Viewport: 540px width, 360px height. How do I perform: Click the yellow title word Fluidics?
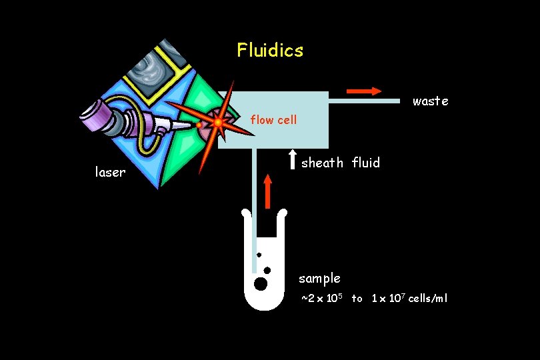(x=270, y=50)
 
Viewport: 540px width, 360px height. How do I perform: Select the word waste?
(x=430, y=101)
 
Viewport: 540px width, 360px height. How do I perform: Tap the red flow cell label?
(x=273, y=121)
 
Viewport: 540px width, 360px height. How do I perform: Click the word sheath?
(x=323, y=163)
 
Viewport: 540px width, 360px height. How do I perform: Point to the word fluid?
(x=366, y=163)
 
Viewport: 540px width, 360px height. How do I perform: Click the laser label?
(x=110, y=173)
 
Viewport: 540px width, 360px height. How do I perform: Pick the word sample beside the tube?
(x=319, y=278)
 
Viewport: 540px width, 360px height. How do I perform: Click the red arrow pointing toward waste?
(x=364, y=91)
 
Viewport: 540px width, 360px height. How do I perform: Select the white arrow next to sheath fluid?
(x=292, y=159)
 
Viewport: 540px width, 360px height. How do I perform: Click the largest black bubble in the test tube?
(x=261, y=284)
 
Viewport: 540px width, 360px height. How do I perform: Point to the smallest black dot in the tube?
(x=259, y=255)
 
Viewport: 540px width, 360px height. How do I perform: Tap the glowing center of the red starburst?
(x=218, y=123)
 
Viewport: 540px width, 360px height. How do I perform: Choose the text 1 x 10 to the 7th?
(x=388, y=298)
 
